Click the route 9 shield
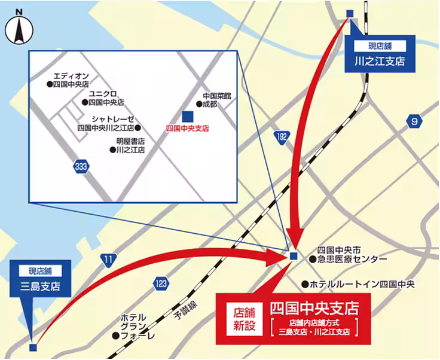413,121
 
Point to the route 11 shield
108,259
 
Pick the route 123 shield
160,283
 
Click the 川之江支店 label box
379,54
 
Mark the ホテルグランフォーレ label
134,327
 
